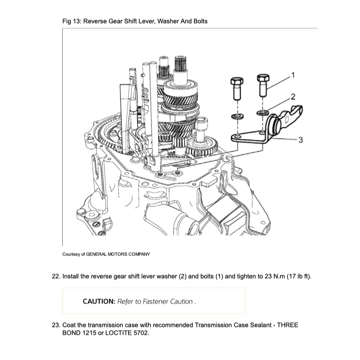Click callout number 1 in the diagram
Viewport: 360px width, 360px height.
pyautogui.click(x=293, y=74)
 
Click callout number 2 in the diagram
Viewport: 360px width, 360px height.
pyautogui.click(x=293, y=97)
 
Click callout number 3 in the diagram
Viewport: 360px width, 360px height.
pyautogui.click(x=300, y=139)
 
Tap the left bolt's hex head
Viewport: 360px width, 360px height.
pyautogui.click(x=236, y=81)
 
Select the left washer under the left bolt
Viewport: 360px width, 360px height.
pyautogui.click(x=237, y=116)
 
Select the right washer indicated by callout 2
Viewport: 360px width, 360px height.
pyautogui.click(x=263, y=113)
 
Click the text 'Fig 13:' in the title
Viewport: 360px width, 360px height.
pyautogui.click(x=72, y=21)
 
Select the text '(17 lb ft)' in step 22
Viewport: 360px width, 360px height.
pyautogui.click(x=299, y=276)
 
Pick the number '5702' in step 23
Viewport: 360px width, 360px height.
pyautogui.click(x=140, y=333)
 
